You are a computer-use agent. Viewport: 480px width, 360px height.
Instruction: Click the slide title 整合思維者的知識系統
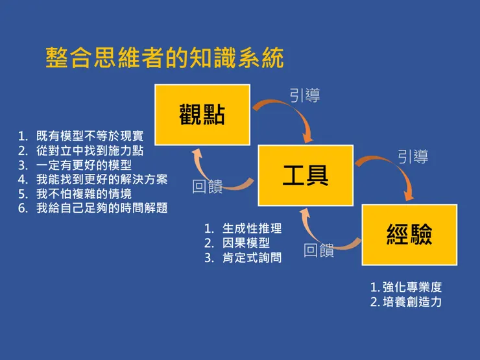click(x=165, y=58)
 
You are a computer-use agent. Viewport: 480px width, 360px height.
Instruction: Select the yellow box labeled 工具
click(x=306, y=175)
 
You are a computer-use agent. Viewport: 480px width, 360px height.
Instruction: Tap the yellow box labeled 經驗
click(x=409, y=234)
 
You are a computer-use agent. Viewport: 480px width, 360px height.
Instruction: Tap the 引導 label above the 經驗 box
click(x=413, y=156)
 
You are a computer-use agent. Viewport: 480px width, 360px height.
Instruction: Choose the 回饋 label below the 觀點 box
click(x=208, y=187)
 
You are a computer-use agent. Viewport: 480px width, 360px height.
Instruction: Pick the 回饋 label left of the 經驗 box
click(x=319, y=250)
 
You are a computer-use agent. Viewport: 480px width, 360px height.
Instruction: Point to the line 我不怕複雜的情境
click(x=84, y=194)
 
